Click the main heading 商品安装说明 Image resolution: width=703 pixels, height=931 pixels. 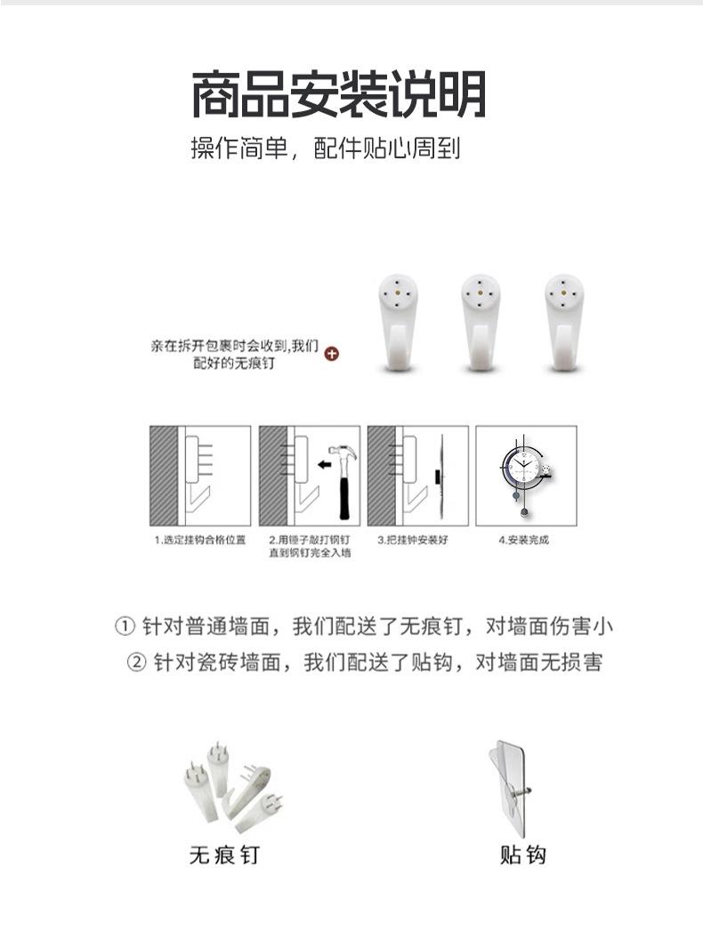pos(339,95)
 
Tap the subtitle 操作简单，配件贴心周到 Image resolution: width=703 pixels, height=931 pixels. pos(326,148)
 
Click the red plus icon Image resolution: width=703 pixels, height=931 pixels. pos(332,354)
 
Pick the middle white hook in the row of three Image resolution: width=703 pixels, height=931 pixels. pos(481,321)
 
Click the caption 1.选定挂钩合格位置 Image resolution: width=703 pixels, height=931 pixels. pos(198,540)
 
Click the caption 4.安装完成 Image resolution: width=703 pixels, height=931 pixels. pos(524,540)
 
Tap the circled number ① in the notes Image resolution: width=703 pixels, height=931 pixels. pos(125,627)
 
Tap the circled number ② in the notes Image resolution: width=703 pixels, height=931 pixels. pos(136,663)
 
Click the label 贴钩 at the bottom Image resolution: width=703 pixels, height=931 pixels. pos(522,855)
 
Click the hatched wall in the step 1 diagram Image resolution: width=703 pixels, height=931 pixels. pos(162,475)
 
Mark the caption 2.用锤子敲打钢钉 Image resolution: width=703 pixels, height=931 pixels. pos(308,540)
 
